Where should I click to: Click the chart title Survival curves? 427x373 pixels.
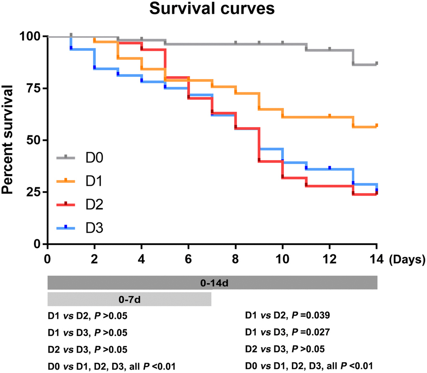pos(214,9)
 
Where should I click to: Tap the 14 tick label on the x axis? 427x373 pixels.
pos(376,260)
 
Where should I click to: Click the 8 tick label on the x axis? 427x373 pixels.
pos(236,260)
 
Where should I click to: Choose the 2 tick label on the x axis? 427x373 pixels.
pos(95,260)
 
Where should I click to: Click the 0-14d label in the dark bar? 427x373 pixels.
pos(214,283)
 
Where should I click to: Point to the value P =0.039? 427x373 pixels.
pos(318,315)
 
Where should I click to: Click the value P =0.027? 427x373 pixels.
pos(318,332)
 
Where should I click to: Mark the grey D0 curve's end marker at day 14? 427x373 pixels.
pos(377,63)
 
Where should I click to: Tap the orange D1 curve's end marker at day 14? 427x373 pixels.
pos(377,125)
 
